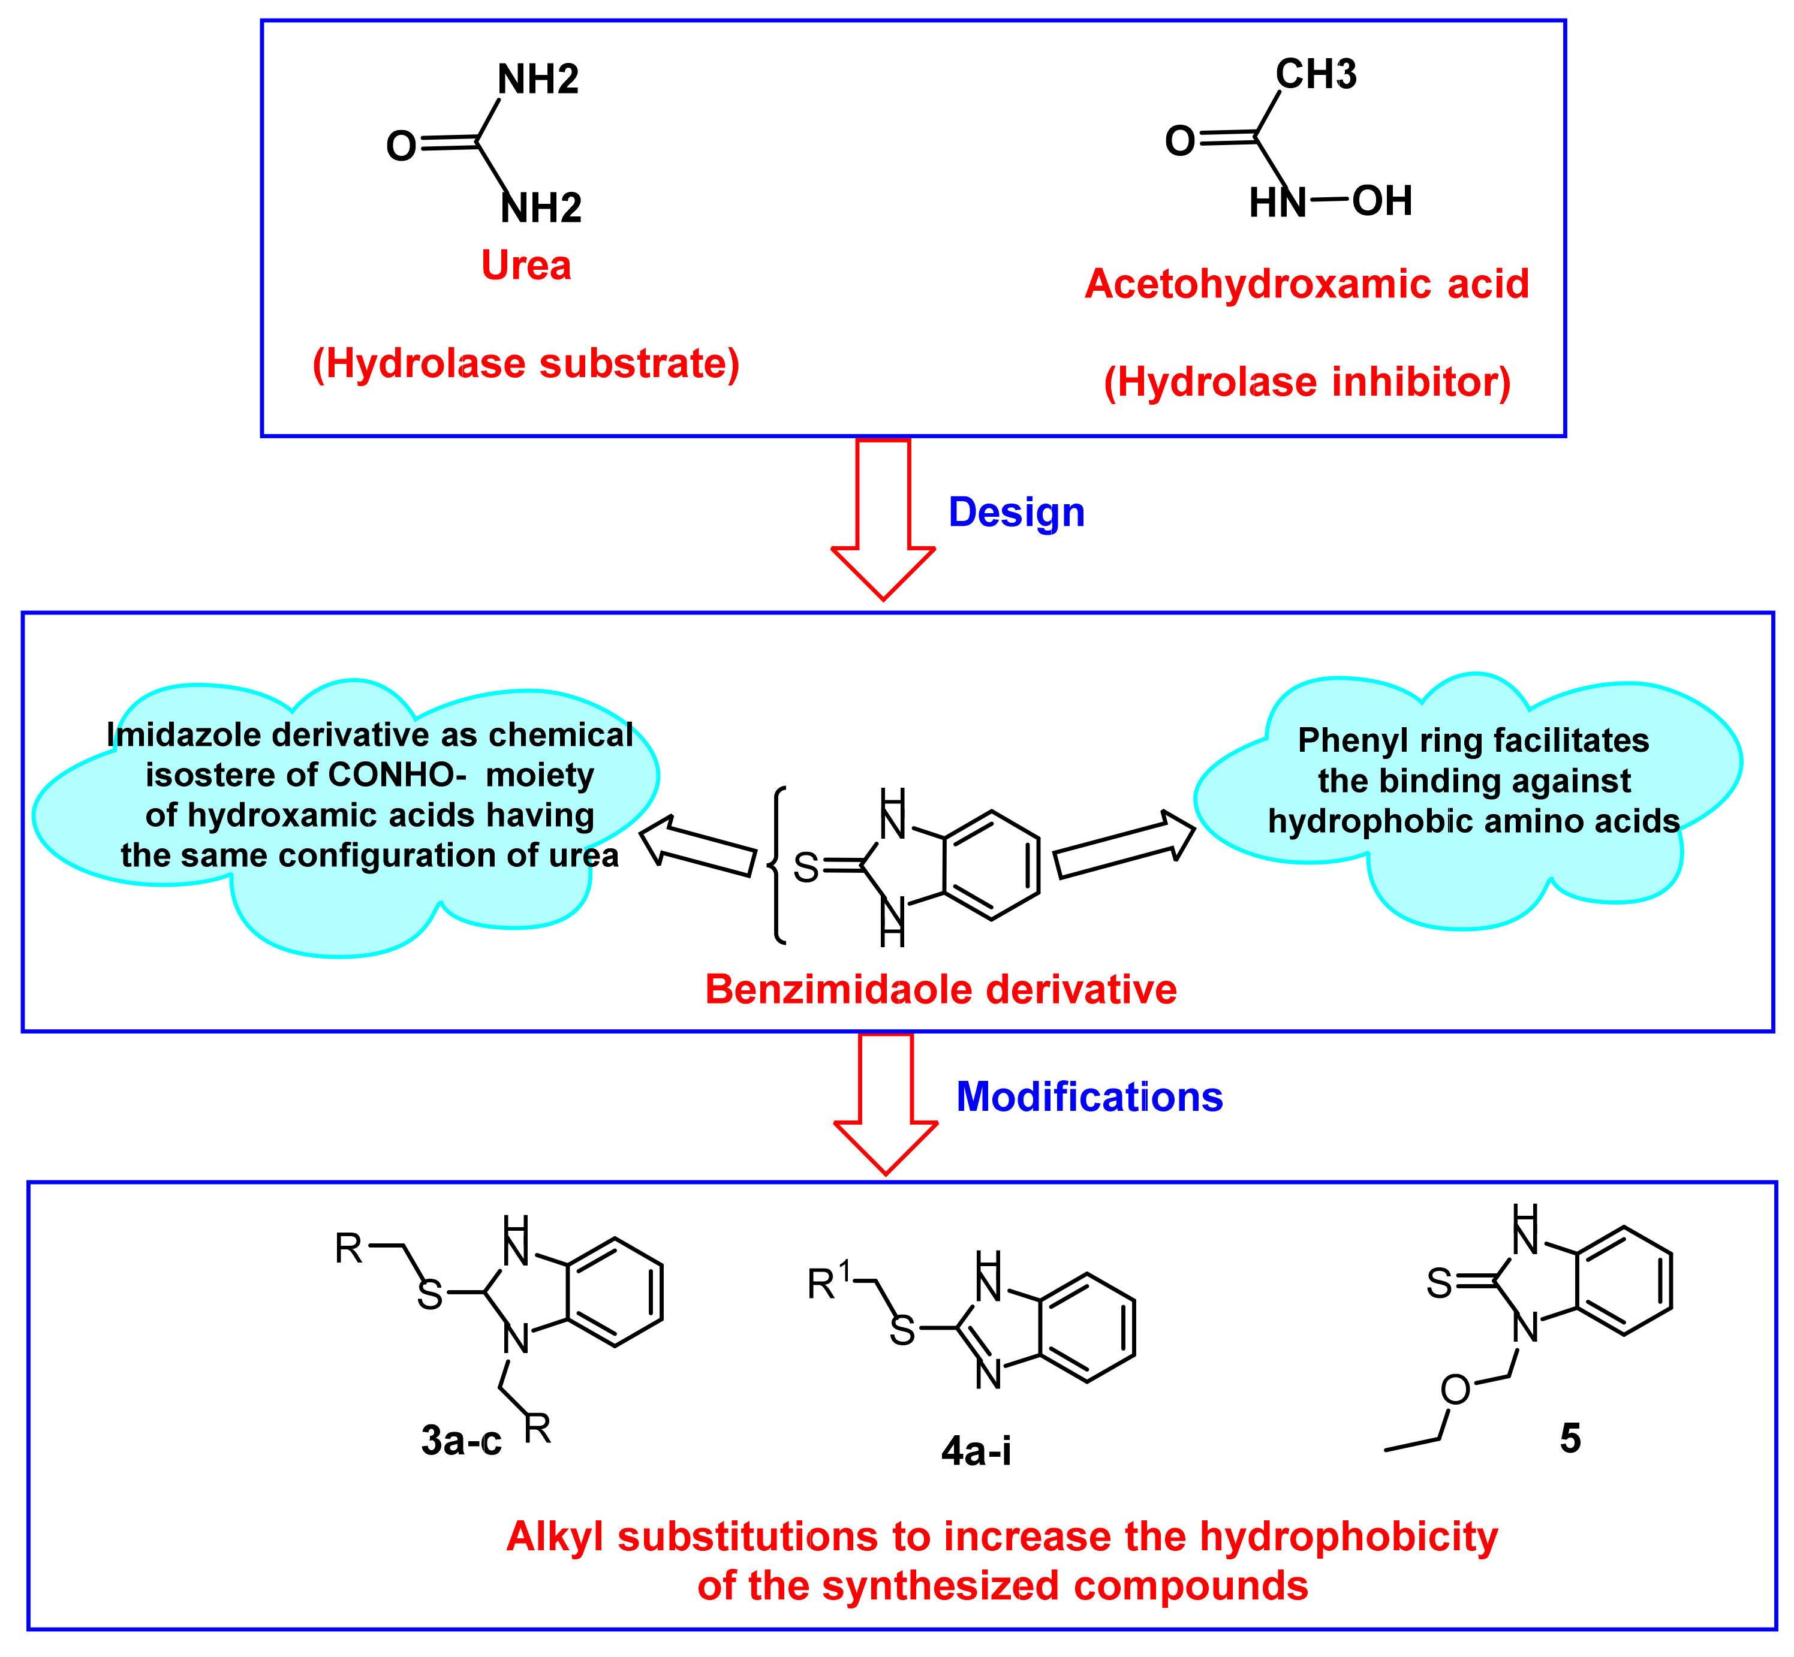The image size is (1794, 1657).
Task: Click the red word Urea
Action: click(526, 266)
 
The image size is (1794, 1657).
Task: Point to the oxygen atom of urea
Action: click(401, 146)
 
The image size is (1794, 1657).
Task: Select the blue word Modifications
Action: click(1089, 1096)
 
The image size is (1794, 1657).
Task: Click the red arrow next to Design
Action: click(884, 520)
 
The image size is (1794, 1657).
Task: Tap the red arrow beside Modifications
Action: click(886, 1103)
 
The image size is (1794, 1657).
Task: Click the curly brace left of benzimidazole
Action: click(778, 865)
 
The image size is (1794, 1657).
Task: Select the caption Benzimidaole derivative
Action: click(940, 990)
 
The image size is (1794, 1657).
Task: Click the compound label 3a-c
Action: click(461, 1441)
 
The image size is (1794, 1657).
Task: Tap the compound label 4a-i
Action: click(976, 1450)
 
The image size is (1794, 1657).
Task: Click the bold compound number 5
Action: click(1570, 1438)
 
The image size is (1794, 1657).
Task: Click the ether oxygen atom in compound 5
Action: click(1455, 1390)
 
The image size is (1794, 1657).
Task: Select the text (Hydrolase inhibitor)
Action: click(1307, 382)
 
